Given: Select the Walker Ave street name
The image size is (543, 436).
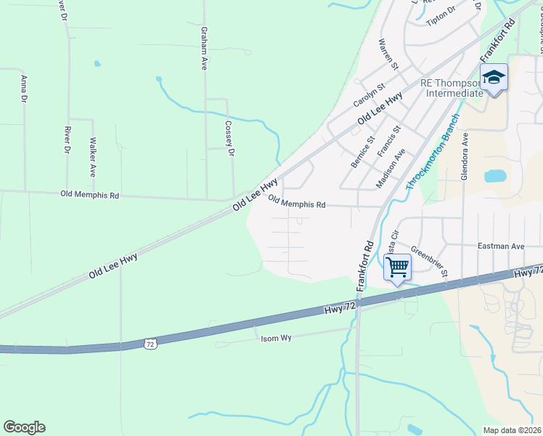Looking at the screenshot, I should coord(93,158).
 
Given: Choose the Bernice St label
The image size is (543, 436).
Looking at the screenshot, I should coord(362,152).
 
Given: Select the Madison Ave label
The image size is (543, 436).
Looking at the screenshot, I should coord(390,169).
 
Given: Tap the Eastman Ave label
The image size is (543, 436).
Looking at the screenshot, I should coord(501,247).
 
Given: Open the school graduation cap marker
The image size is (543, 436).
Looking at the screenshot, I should coord(494,76).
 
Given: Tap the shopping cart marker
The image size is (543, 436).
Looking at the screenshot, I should coord(397,267).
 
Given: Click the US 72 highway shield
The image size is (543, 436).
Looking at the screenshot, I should coord(150,342).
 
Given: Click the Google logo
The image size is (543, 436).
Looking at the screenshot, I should coord(24,427).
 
